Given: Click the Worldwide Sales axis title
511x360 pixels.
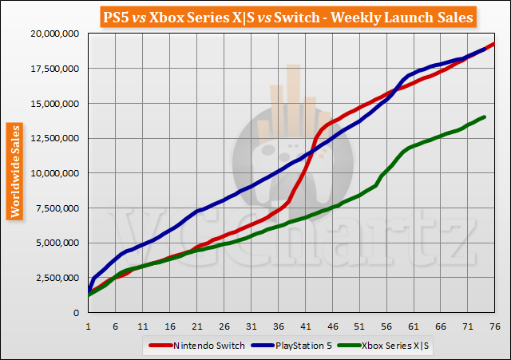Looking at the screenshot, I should [15, 171].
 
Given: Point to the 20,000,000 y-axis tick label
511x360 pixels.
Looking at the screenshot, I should [54, 34].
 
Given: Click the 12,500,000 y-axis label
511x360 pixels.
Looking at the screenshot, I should [54, 138].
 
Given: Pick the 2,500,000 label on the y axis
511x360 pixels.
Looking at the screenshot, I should [57, 278].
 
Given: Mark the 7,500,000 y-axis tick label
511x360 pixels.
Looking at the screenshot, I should [57, 208].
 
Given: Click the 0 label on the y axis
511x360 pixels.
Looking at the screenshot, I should [77, 313].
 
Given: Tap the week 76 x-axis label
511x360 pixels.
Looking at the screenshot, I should [494, 326].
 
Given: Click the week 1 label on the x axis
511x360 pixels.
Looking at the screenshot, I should [88, 326].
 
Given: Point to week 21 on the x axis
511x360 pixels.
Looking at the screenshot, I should [196, 326].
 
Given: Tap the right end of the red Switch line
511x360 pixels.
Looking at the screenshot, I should [494, 43].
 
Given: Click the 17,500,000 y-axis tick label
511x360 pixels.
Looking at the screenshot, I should [54, 69].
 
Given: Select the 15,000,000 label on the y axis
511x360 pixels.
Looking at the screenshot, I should [54, 103].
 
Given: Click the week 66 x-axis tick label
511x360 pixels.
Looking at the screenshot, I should [441, 326].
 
